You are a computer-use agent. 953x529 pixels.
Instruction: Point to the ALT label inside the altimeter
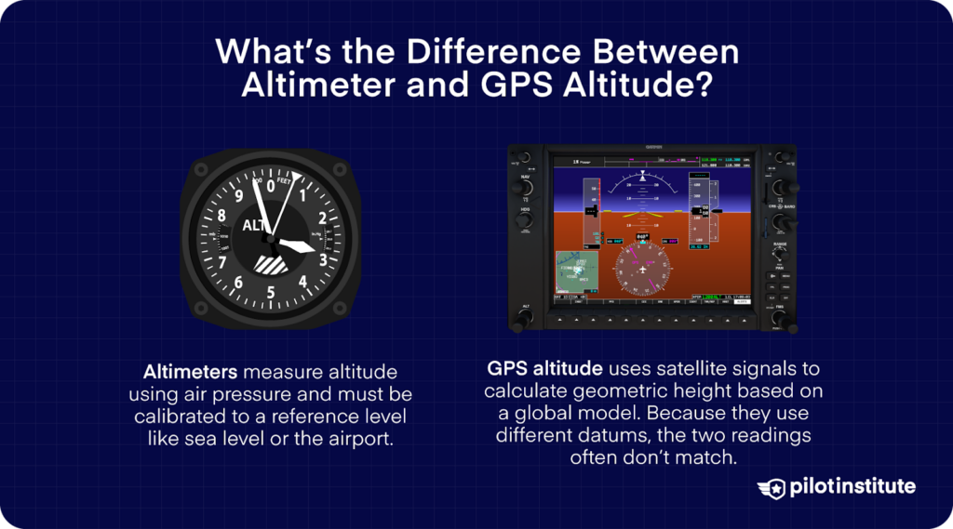click(254, 226)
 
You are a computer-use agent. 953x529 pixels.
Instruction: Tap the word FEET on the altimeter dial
click(284, 183)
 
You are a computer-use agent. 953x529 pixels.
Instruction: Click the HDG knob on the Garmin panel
click(524, 222)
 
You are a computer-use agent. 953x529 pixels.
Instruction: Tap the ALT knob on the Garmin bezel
click(524, 317)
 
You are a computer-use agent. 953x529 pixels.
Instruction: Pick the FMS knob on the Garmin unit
click(780, 319)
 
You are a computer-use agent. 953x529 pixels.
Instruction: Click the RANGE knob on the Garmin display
click(780, 254)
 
